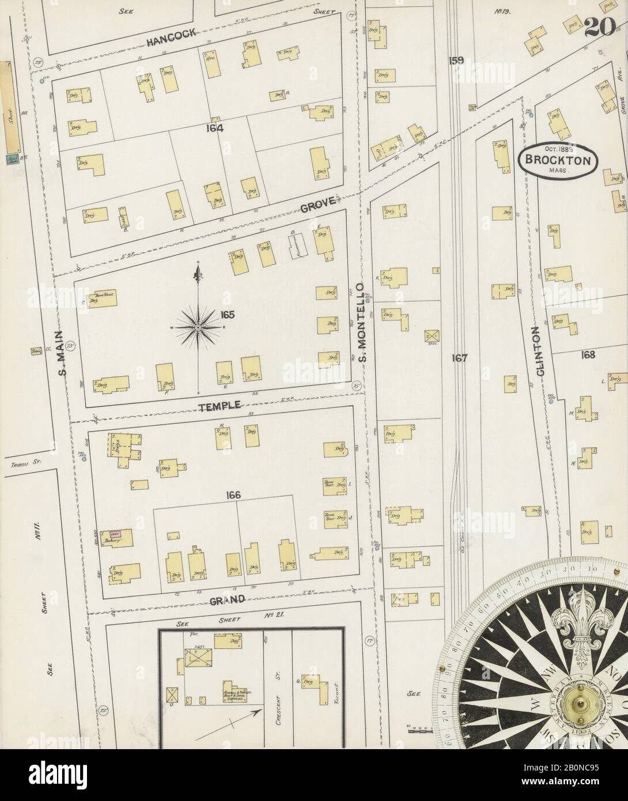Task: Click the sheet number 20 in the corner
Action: [599, 27]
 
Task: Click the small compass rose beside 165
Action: [198, 327]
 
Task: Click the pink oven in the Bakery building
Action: [114, 534]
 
